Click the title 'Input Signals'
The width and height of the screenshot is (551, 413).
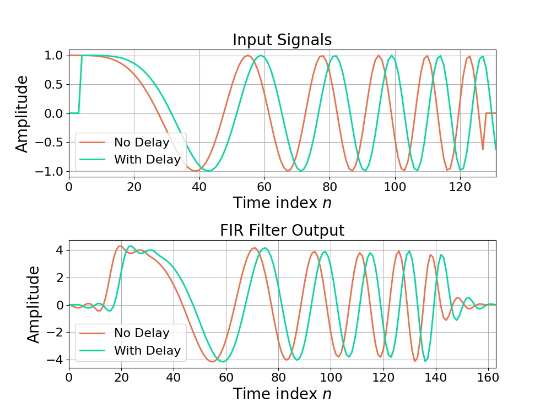point(282,40)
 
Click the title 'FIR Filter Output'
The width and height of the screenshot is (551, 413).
point(282,230)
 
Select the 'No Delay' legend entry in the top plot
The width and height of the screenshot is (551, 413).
point(142,143)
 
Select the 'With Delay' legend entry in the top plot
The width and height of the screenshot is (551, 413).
point(147,160)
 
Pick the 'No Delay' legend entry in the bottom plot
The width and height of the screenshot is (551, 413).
point(142,333)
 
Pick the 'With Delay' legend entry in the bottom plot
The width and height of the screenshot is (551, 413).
point(147,350)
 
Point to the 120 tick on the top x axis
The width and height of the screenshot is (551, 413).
point(460,186)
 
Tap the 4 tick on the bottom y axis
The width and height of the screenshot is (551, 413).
point(60,251)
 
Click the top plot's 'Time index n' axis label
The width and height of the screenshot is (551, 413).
point(282,203)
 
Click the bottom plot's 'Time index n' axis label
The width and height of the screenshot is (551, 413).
point(282,394)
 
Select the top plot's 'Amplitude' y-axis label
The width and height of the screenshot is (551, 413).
point(22,113)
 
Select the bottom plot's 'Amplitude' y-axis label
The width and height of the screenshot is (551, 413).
point(34,304)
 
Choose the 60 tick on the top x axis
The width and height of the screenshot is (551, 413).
point(264,186)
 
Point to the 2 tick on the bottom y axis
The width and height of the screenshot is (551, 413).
point(60,278)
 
